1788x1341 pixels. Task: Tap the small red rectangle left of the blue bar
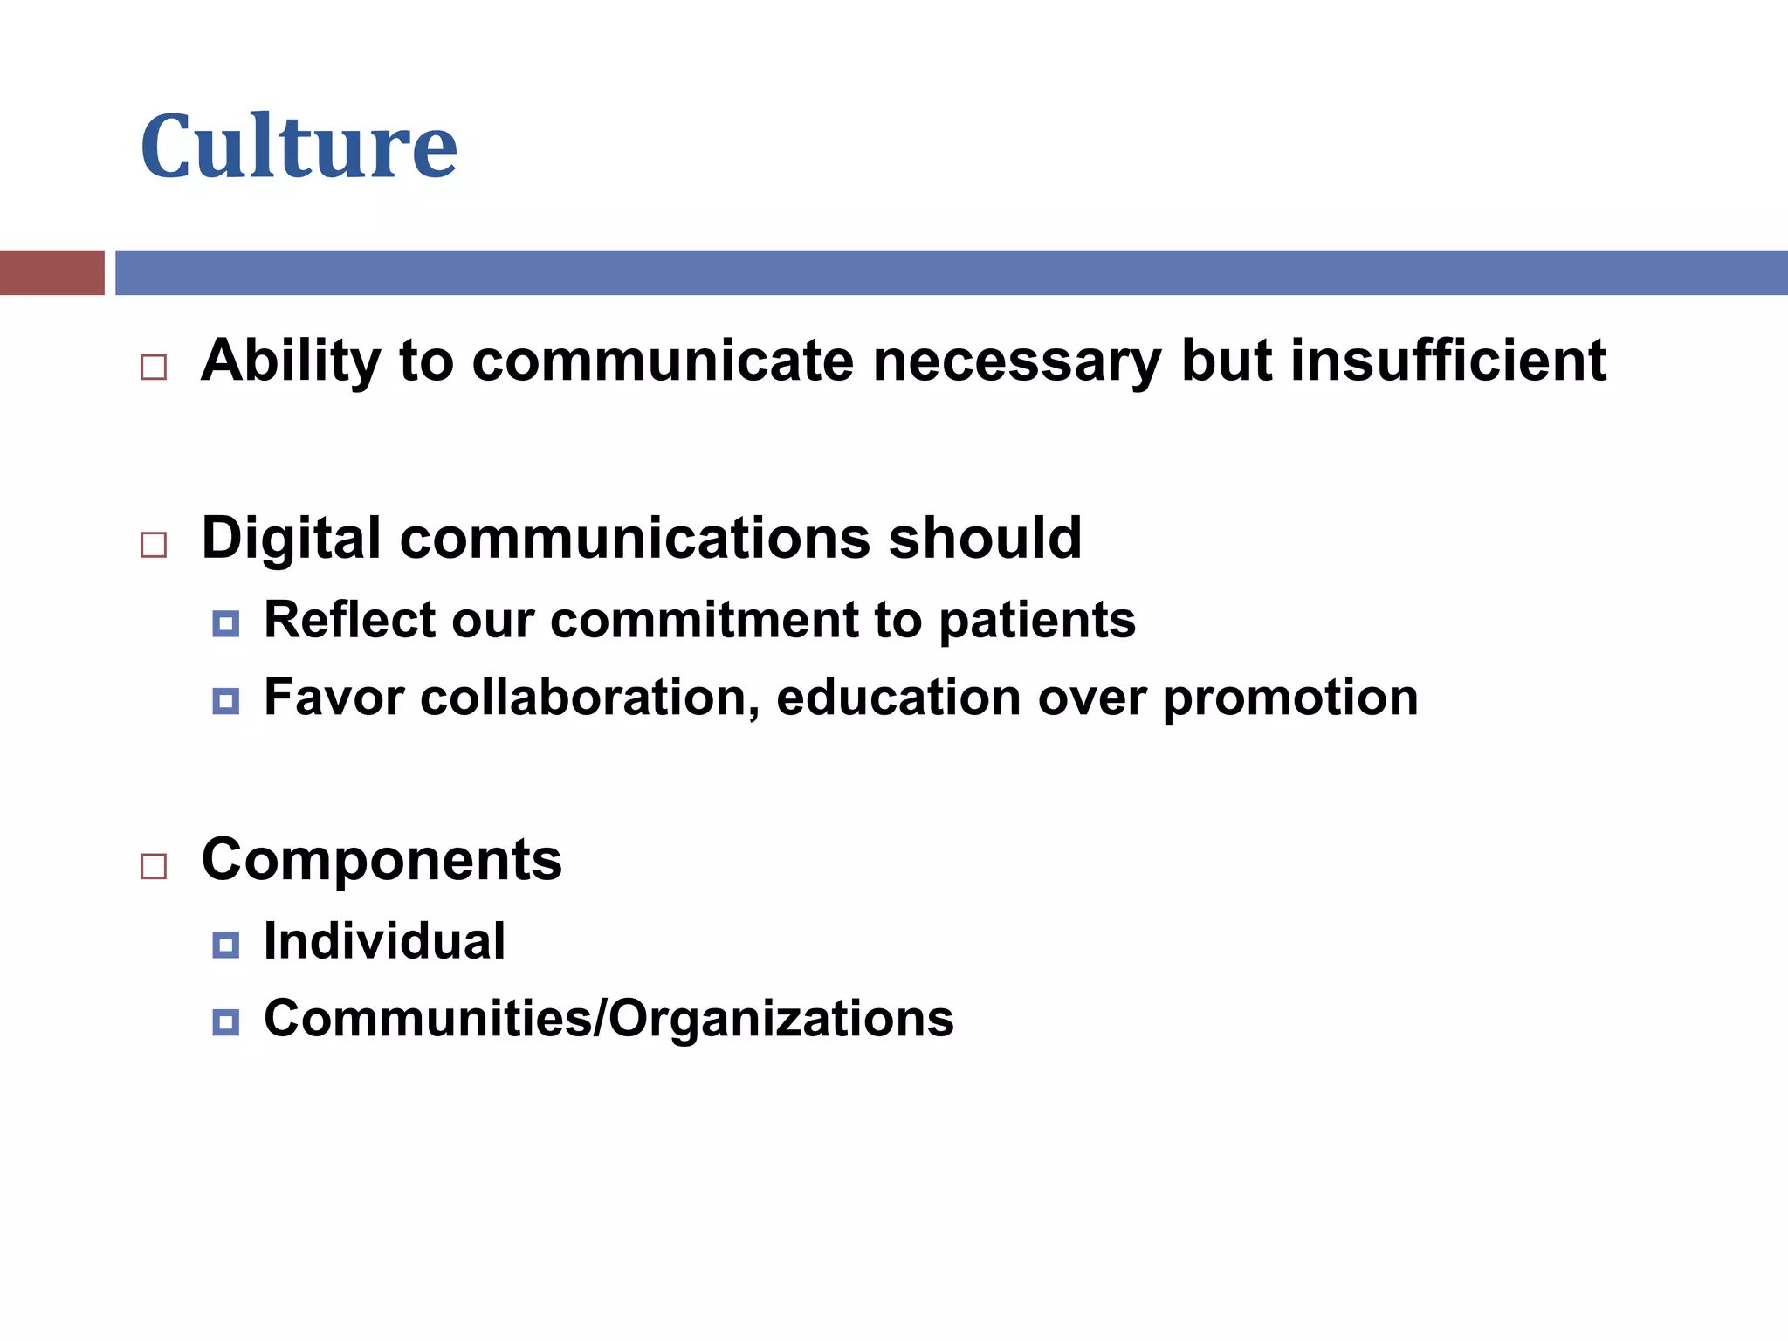(x=52, y=272)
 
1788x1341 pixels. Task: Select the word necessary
(x=1016, y=362)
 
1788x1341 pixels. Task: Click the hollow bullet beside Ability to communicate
(x=154, y=367)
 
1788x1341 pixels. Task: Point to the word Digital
(x=291, y=539)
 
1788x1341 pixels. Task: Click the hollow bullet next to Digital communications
(x=154, y=545)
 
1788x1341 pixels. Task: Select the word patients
(x=1037, y=621)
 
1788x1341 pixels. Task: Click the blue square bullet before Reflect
(x=225, y=623)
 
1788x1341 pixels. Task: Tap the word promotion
(x=1290, y=698)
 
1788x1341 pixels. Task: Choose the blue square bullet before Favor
(x=225, y=701)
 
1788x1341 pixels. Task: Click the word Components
(x=382, y=860)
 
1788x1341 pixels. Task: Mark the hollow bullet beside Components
(x=154, y=866)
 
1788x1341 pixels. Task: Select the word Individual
(x=384, y=941)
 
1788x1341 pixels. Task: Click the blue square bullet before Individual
(x=225, y=945)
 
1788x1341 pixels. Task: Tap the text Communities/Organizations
(x=609, y=1019)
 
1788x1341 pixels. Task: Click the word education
(x=897, y=698)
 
